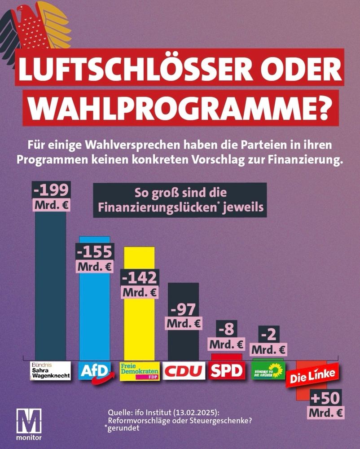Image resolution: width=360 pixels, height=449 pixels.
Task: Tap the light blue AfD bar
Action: (x=94, y=314)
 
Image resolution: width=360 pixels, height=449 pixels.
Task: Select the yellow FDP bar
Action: (x=139, y=328)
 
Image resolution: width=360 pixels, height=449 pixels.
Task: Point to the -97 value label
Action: (x=184, y=310)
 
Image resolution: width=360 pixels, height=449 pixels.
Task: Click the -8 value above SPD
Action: (x=227, y=330)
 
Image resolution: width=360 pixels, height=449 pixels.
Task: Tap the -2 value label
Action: (x=268, y=335)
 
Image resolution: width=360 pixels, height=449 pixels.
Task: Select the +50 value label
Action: (x=326, y=398)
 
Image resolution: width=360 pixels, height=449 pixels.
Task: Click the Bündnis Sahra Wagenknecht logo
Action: (x=51, y=371)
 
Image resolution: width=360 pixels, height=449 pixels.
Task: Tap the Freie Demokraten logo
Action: (x=140, y=371)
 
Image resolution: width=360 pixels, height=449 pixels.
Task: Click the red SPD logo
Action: (x=227, y=371)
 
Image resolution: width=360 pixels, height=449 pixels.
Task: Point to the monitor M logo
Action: (x=28, y=422)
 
